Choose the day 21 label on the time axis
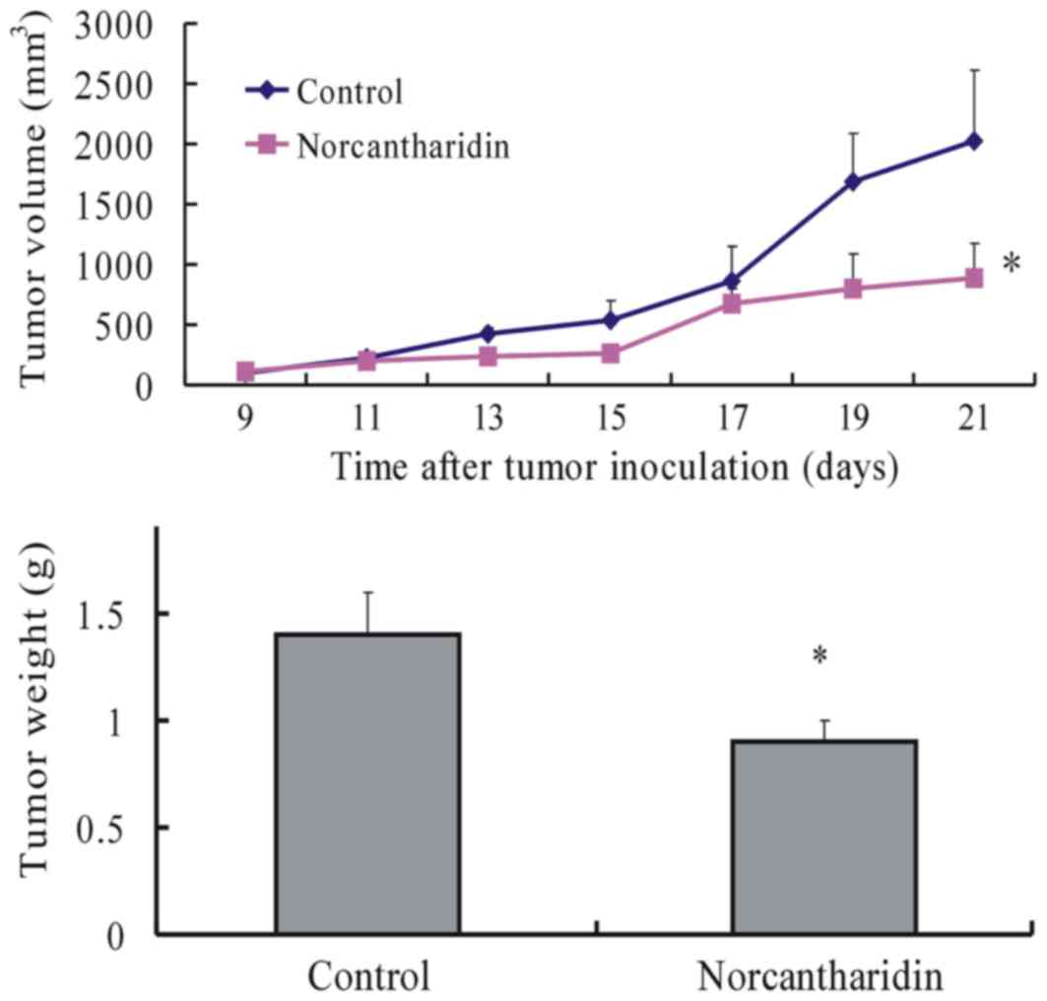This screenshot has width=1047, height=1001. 973,418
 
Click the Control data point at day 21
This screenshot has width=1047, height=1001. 973,142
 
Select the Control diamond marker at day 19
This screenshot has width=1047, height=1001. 852,181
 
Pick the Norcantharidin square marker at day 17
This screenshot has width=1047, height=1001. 731,303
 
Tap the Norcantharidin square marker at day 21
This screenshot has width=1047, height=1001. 973,278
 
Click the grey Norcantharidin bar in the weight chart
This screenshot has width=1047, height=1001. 823,836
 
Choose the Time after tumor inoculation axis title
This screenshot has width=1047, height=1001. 614,465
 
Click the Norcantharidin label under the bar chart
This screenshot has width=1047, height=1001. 822,975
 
